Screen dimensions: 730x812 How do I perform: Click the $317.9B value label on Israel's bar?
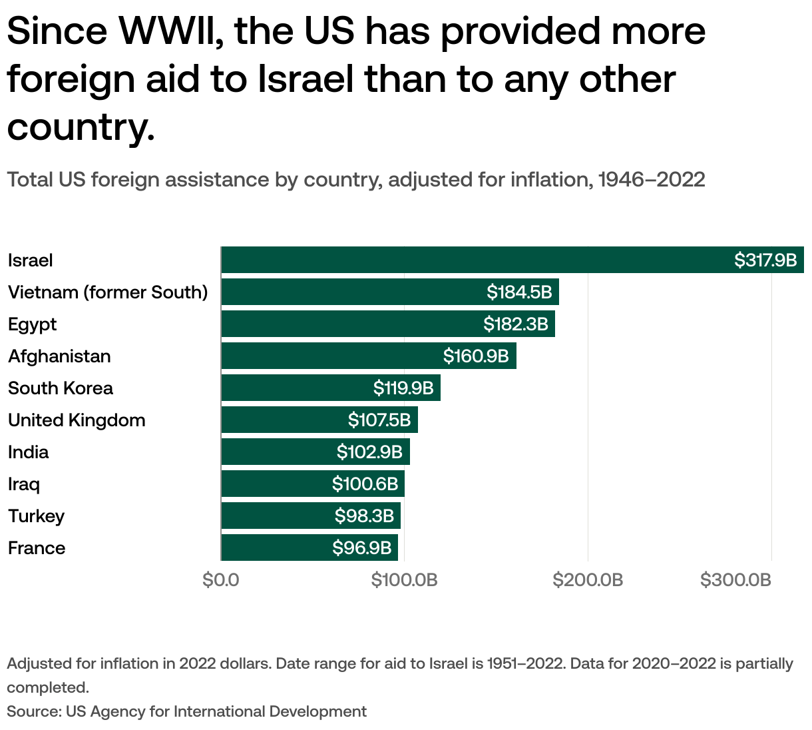[765, 260]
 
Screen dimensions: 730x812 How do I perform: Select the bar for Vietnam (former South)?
[353, 292]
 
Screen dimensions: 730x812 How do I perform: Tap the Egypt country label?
[32, 324]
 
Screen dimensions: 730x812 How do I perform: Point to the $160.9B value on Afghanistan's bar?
[475, 356]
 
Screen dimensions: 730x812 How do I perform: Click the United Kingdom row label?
[77, 420]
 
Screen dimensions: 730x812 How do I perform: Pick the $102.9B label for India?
[369, 452]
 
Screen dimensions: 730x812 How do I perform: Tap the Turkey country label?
[36, 516]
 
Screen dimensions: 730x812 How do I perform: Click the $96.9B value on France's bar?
[361, 547]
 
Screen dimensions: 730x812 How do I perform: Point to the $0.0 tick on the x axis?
[221, 580]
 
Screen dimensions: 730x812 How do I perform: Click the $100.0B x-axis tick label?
[404, 580]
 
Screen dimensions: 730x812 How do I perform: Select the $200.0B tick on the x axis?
[588, 580]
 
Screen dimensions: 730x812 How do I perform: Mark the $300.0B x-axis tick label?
[735, 580]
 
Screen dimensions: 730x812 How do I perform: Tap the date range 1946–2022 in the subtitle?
[652, 180]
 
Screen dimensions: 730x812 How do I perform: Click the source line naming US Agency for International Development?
[186, 711]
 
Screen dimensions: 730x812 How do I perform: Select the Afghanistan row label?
[59, 356]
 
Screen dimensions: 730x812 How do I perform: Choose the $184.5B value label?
[518, 292]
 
